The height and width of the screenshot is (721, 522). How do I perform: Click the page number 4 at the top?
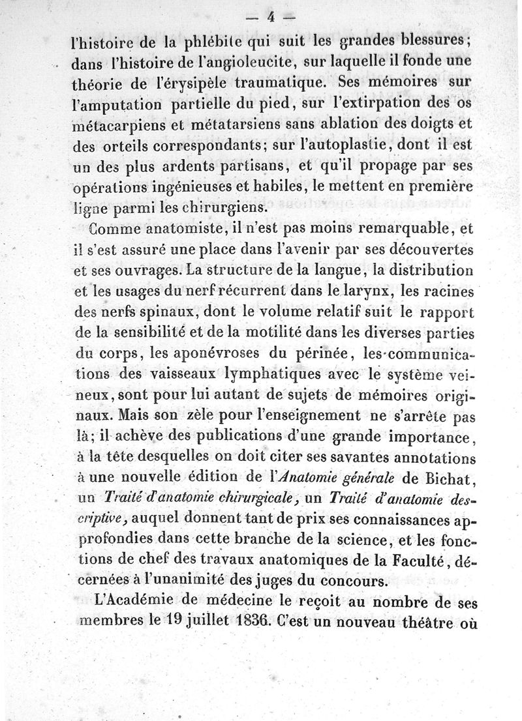click(269, 18)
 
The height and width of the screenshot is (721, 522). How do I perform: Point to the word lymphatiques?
click(272, 377)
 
